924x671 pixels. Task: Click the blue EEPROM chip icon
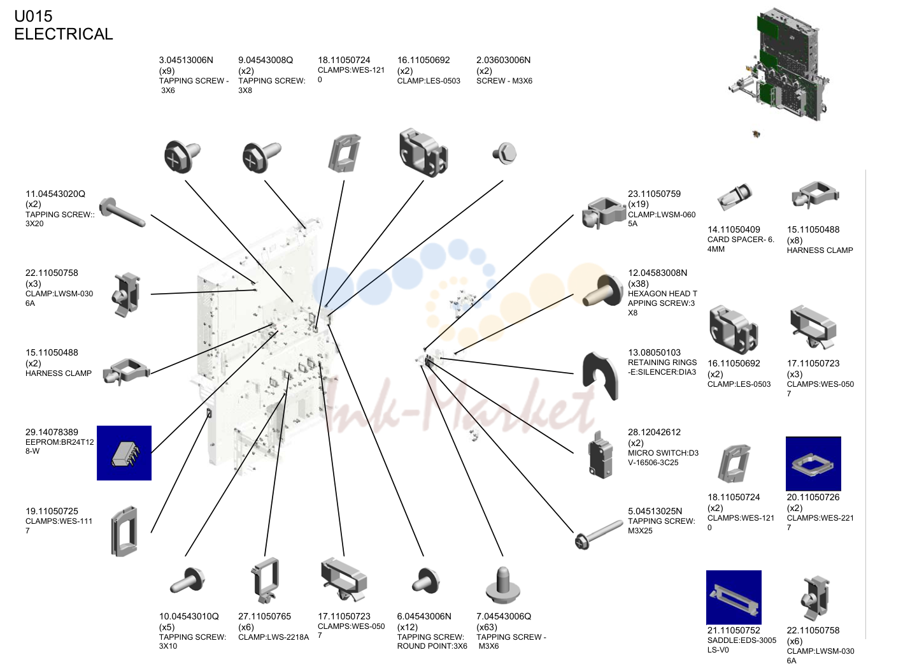(x=124, y=453)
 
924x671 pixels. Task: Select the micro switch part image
(x=601, y=455)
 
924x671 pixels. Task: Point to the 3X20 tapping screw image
(x=122, y=212)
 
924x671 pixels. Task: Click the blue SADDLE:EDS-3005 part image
(x=734, y=597)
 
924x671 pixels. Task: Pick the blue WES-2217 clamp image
(x=813, y=464)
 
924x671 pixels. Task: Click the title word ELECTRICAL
(x=64, y=34)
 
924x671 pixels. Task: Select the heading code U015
(x=33, y=16)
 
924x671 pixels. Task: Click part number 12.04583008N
(x=658, y=273)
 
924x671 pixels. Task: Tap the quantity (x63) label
(x=487, y=627)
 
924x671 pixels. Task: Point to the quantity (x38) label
(x=638, y=284)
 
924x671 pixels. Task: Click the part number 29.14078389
(x=52, y=432)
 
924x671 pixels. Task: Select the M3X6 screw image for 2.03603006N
(x=504, y=154)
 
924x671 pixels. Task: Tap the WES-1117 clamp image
(x=124, y=531)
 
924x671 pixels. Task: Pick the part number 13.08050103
(x=654, y=352)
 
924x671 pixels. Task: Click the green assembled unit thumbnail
(x=779, y=66)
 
